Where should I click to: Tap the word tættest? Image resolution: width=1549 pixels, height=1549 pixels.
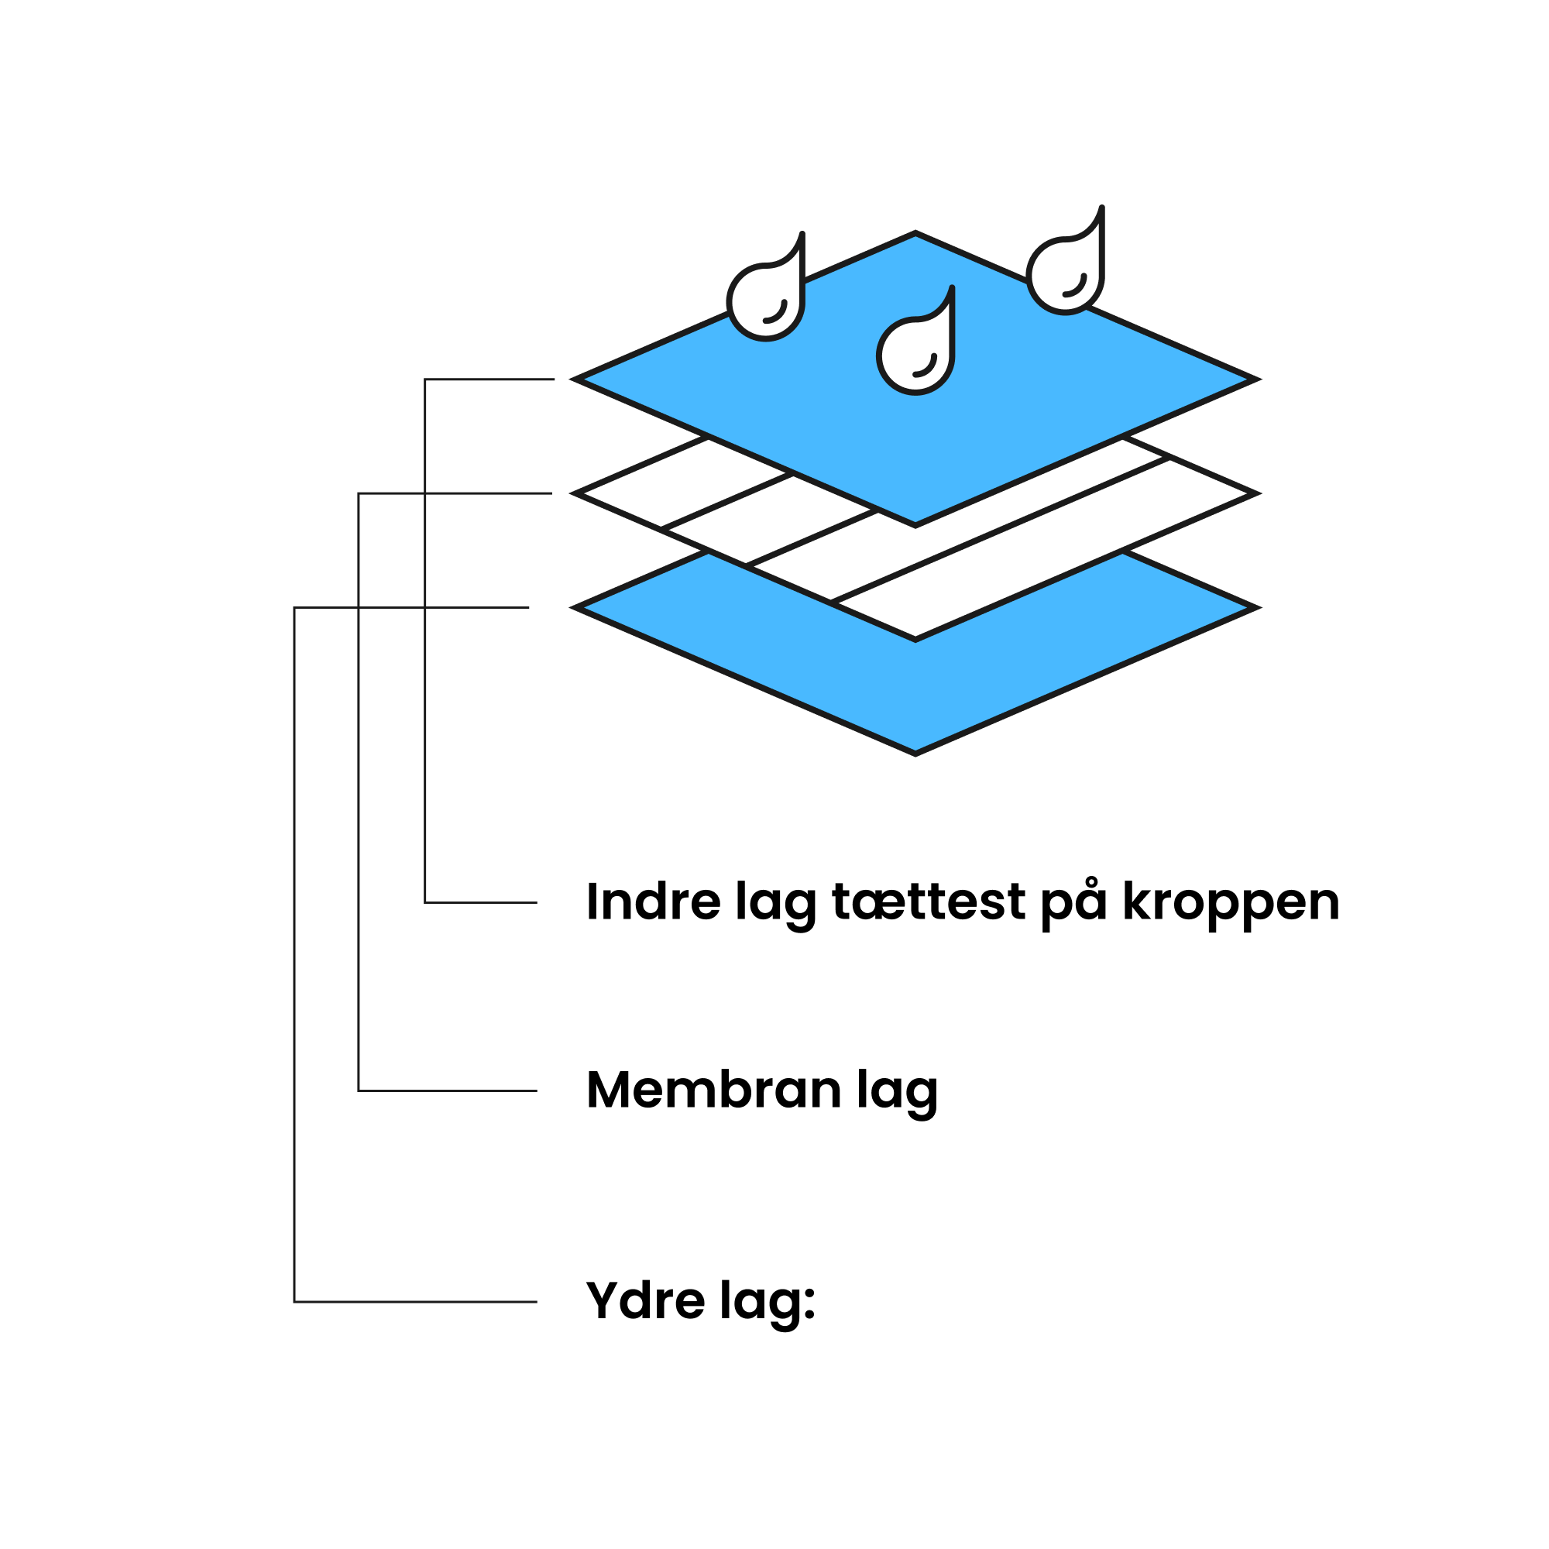929,902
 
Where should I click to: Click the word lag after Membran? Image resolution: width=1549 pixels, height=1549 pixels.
897,1093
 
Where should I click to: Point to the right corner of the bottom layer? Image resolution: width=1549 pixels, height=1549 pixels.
1255,608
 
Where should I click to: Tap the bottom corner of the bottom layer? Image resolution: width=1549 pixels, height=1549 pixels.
915,753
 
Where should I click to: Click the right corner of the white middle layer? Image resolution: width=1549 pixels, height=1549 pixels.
1255,493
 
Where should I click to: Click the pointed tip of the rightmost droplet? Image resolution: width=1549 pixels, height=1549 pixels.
1102,208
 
